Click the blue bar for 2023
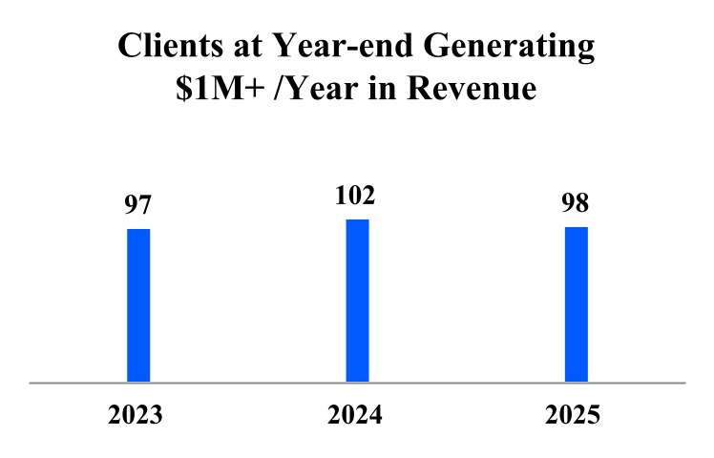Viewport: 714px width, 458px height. pyautogui.click(x=138, y=304)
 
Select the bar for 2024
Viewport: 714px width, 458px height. pyautogui.click(x=357, y=300)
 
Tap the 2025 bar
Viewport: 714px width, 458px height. pyautogui.click(x=576, y=303)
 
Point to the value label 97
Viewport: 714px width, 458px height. pyautogui.click(x=139, y=206)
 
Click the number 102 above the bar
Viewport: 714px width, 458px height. pyautogui.click(x=357, y=197)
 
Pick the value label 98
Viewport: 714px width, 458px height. pyautogui.click(x=576, y=204)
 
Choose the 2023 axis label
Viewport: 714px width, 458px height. pyautogui.click(x=136, y=416)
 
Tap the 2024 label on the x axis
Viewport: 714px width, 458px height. pyautogui.click(x=355, y=416)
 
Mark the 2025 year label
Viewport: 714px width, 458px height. pyautogui.click(x=574, y=416)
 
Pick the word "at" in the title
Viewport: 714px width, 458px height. pyautogui.click(x=239, y=49)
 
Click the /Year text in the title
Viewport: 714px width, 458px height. pyautogui.click(x=321, y=90)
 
